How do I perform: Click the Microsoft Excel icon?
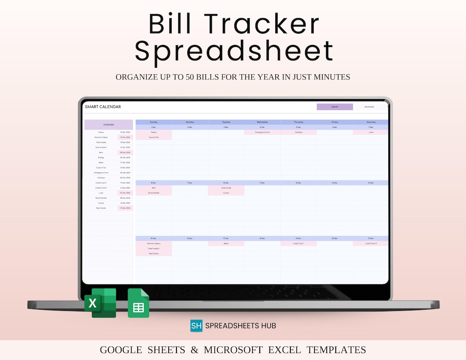[x=100, y=303]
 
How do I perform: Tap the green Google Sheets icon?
[x=138, y=303]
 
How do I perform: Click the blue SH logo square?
[x=196, y=325]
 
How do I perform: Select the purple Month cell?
[x=335, y=107]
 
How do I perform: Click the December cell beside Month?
[x=369, y=107]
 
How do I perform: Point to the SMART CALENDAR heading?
[x=103, y=107]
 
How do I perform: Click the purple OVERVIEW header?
[x=109, y=125]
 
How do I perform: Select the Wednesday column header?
[x=262, y=122]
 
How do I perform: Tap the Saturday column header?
[x=371, y=122]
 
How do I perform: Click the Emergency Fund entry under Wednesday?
[x=262, y=133]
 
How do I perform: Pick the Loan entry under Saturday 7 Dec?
[x=371, y=133]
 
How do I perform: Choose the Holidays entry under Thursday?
[x=299, y=133]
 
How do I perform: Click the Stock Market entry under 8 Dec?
[x=154, y=193]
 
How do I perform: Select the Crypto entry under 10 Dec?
[x=226, y=193]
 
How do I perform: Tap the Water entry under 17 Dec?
[x=226, y=243]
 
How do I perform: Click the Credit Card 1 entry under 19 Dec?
[x=299, y=243]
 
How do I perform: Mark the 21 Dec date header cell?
[x=371, y=238]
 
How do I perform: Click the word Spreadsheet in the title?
[x=234, y=51]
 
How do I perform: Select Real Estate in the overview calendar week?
[x=154, y=254]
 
